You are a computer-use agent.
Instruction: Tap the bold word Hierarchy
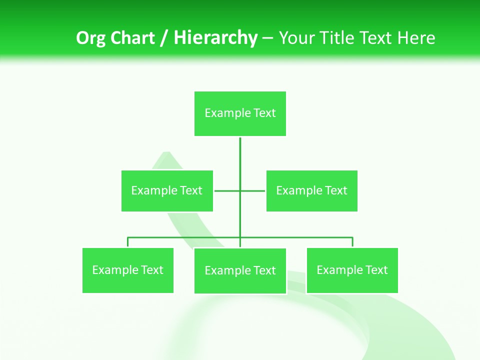click(x=215, y=38)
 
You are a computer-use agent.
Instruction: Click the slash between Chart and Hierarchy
click(x=164, y=38)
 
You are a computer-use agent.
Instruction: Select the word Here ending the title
click(x=416, y=38)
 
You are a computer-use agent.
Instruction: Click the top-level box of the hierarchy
click(x=240, y=113)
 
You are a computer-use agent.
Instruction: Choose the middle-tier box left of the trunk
click(x=167, y=190)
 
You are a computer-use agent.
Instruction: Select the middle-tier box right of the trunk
click(x=311, y=190)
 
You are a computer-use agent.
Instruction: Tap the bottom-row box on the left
click(x=128, y=270)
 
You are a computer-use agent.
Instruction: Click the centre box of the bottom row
click(x=240, y=270)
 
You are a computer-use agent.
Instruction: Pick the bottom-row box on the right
click(x=352, y=270)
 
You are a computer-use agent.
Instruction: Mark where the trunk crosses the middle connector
click(x=240, y=190)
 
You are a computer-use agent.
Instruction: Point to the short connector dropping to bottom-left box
click(x=128, y=242)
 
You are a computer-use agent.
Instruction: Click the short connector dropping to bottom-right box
click(x=352, y=242)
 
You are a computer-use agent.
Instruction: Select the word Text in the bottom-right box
click(x=376, y=270)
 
